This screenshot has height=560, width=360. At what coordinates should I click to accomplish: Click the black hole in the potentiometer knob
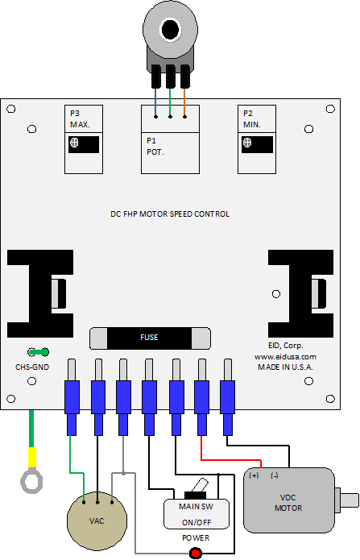[x=170, y=30]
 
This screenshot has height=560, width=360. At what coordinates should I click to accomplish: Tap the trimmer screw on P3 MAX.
[x=74, y=143]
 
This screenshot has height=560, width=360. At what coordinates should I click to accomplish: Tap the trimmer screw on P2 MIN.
[x=247, y=143]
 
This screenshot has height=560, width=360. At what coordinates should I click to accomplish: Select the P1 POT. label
[x=155, y=147]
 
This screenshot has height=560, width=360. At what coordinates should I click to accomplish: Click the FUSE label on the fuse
[x=149, y=338]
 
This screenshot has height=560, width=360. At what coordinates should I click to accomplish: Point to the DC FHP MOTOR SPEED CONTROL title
[x=170, y=214]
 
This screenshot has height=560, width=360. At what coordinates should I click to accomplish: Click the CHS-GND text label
[x=32, y=367]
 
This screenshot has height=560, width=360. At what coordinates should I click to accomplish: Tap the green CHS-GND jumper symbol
[x=38, y=352]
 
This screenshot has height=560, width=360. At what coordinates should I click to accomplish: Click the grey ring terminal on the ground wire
[x=31, y=482]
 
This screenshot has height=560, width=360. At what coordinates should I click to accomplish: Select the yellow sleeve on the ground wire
[x=32, y=458]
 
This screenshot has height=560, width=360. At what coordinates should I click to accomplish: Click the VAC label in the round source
[x=97, y=521]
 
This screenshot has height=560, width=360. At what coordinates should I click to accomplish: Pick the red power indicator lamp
[x=196, y=554]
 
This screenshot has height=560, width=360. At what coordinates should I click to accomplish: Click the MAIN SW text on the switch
[x=196, y=507]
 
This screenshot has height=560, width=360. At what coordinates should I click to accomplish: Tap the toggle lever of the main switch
[x=200, y=485]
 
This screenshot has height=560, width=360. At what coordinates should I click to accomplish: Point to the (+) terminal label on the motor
[x=254, y=475]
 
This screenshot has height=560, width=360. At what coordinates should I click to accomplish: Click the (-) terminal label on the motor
[x=275, y=475]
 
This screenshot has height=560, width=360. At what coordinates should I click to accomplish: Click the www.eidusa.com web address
[x=285, y=356]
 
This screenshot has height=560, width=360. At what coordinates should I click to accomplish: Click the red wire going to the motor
[x=231, y=460]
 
